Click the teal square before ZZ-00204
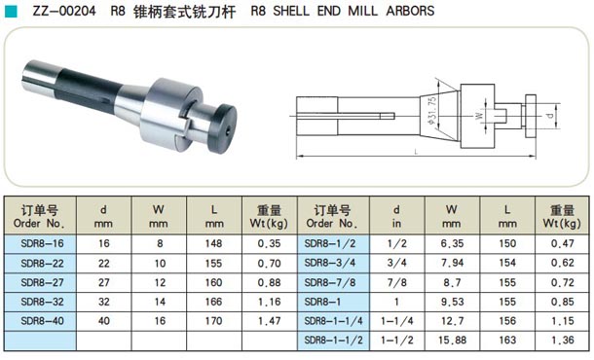(x=11, y=12)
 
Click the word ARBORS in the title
(x=410, y=11)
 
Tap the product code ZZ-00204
(x=64, y=11)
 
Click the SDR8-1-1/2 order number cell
(x=333, y=340)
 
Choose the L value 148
(x=213, y=243)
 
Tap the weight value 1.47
(x=270, y=321)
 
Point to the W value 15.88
(x=452, y=340)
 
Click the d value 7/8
(x=396, y=282)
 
